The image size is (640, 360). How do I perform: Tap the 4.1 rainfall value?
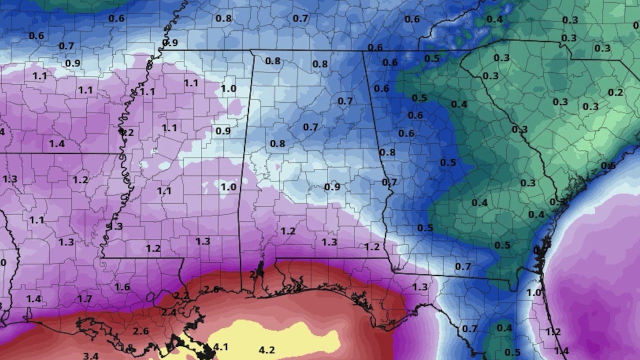click(x=220, y=346)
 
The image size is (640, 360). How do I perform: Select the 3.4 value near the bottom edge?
click(x=90, y=356)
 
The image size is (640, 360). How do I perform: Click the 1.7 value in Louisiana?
click(x=84, y=299)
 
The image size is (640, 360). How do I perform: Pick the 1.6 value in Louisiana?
click(x=122, y=287)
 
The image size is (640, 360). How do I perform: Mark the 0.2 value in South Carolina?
click(x=615, y=92)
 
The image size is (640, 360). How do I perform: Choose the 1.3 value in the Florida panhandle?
click(x=420, y=286)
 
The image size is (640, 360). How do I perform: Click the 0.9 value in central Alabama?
click(x=332, y=187)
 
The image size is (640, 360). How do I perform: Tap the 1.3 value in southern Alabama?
click(x=329, y=242)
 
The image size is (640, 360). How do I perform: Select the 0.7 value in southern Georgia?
click(x=463, y=266)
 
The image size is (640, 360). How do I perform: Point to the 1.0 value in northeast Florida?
click(x=534, y=292)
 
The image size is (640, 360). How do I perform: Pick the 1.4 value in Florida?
click(x=561, y=351)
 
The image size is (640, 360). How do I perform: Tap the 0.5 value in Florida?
click(x=512, y=352)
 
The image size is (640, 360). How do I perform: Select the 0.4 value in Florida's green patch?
click(x=504, y=328)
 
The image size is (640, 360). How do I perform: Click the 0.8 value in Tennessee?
click(x=223, y=18)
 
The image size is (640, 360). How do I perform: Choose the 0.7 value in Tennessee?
click(x=300, y=18)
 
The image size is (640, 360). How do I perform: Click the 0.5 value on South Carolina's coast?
click(x=608, y=166)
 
